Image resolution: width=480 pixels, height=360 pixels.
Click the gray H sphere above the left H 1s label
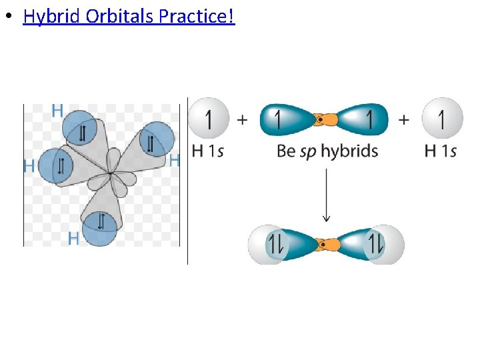point(209,119)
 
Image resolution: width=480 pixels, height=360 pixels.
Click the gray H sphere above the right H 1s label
point(442,119)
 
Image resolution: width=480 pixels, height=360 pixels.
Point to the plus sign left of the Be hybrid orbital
point(242,120)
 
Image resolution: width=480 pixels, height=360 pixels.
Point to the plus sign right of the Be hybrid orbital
point(404,120)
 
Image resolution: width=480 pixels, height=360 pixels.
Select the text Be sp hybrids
point(327,151)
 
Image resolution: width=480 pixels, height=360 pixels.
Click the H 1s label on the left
point(207,151)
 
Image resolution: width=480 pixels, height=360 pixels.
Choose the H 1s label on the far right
point(441,151)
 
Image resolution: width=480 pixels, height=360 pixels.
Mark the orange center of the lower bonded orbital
point(326,245)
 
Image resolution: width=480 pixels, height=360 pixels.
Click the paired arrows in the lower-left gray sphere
point(276,245)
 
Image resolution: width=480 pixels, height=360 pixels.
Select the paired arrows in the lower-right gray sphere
point(375,245)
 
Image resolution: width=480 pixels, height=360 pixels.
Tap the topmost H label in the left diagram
point(58,111)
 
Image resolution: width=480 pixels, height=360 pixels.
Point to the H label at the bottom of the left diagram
point(73,237)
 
